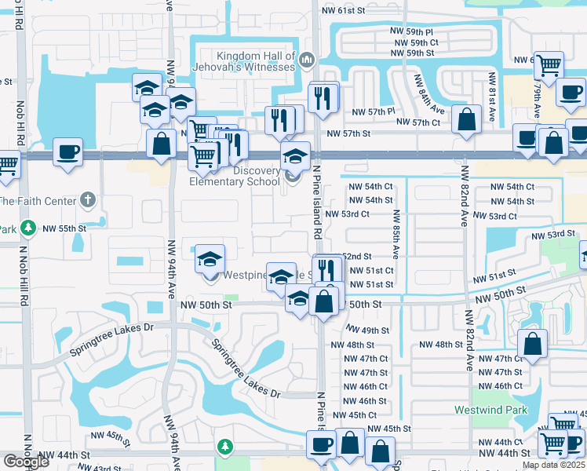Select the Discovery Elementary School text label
[x=235, y=177]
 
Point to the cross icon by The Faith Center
[x=87, y=199]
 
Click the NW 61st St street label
[x=344, y=10]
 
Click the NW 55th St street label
[x=64, y=228]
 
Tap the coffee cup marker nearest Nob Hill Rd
[x=68, y=152]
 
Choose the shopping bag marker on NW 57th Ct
[x=466, y=121]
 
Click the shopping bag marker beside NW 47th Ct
[x=532, y=344]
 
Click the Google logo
[x=26, y=462]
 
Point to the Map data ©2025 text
[x=553, y=465]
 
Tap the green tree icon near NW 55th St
[x=28, y=228]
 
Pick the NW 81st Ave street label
[x=492, y=97]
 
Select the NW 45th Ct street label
[x=355, y=415]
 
